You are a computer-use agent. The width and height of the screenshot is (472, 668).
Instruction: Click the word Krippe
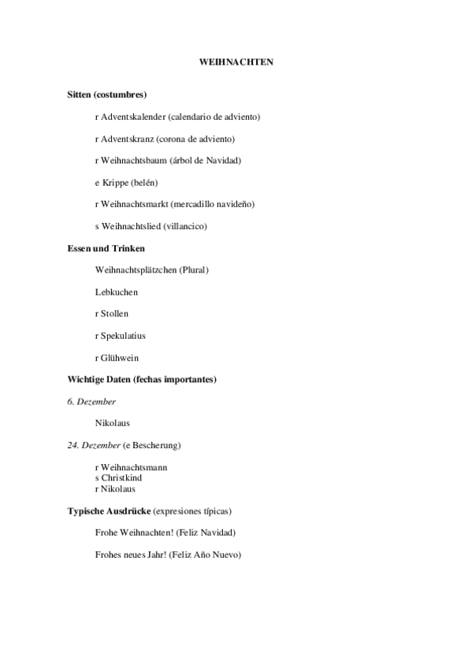[x=115, y=183]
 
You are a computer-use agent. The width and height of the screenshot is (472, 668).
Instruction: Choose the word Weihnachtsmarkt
[x=133, y=204]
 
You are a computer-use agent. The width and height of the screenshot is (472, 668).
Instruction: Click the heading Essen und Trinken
[x=106, y=248]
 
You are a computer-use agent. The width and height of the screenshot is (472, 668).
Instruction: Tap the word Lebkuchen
[x=116, y=292]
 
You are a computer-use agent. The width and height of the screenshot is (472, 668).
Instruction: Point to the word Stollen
[x=114, y=314]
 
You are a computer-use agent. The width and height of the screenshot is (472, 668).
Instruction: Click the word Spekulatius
[x=123, y=336]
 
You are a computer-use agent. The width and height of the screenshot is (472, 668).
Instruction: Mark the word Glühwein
[x=117, y=358]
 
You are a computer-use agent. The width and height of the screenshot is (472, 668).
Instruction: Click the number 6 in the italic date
[x=70, y=401]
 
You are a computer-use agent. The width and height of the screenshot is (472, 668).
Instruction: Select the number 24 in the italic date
[x=72, y=445]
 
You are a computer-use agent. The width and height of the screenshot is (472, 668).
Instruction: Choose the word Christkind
[x=121, y=477]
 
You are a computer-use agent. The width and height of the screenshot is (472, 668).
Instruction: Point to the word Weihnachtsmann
[x=134, y=467]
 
